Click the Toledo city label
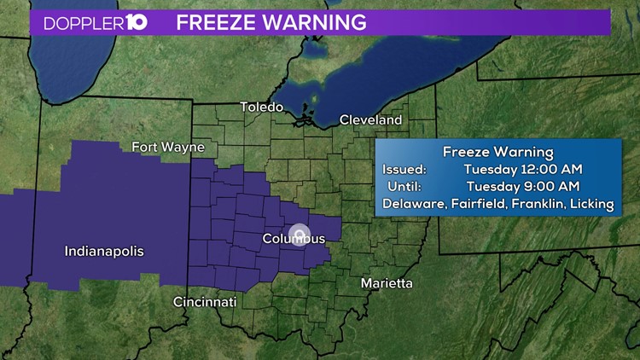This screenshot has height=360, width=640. [x=261, y=107]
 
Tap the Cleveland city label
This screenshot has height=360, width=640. [x=370, y=120]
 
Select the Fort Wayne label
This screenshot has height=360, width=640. [x=168, y=147]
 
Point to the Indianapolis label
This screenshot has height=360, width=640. [x=104, y=252]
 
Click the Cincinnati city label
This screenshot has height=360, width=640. [x=207, y=302]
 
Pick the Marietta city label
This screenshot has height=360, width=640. [x=387, y=282]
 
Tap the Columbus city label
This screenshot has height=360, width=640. [x=293, y=240]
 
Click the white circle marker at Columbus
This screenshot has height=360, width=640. [x=299, y=233]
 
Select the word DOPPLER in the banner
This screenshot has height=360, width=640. [x=79, y=23]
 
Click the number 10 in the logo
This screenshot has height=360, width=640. [x=137, y=22]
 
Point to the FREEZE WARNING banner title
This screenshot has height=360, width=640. [x=271, y=22]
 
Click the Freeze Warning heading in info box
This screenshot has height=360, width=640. [x=497, y=152]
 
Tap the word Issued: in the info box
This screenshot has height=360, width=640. [x=404, y=170]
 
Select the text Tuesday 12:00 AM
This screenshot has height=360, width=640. [x=523, y=170]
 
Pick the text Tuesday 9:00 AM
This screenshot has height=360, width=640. [x=523, y=186]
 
